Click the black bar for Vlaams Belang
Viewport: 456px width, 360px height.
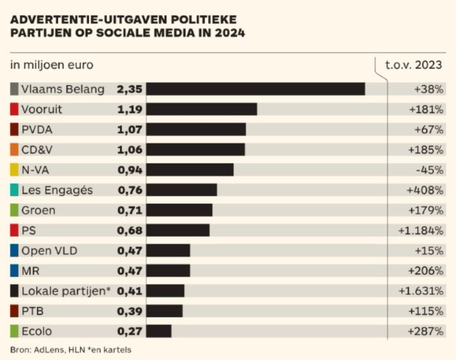click(256, 89)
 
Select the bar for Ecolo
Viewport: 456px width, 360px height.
click(159, 331)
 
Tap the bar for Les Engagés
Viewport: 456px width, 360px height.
click(181, 190)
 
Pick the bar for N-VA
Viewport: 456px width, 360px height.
click(190, 170)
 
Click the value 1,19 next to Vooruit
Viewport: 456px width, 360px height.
click(130, 109)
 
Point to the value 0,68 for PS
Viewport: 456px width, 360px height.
click(130, 230)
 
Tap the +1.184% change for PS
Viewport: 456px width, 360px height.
click(421, 230)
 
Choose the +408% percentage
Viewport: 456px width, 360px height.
click(425, 190)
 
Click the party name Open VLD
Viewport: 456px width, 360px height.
click(49, 251)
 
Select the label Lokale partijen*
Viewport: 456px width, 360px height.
click(66, 291)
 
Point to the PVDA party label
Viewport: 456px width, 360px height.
click(38, 130)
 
